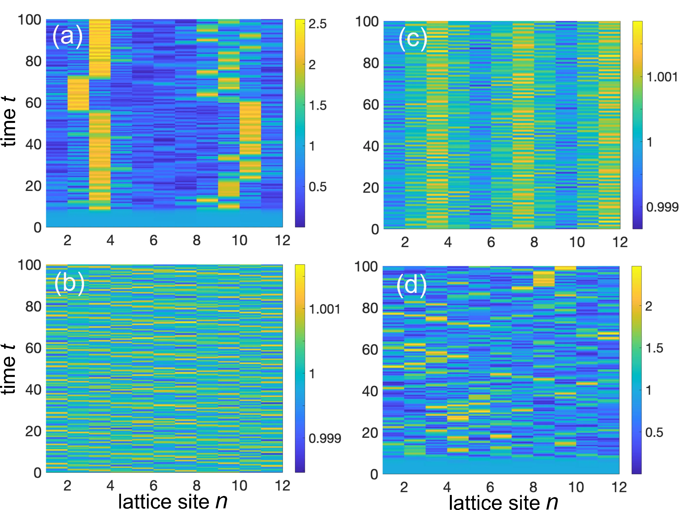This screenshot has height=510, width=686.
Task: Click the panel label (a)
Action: [x=67, y=37]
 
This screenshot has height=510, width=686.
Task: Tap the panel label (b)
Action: [x=69, y=283]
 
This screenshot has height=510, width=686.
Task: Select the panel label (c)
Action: [x=413, y=39]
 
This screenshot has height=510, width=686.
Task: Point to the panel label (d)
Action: [x=411, y=285]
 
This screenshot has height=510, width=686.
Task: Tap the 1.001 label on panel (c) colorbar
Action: [x=662, y=77]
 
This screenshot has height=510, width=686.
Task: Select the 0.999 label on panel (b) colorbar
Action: [x=325, y=438]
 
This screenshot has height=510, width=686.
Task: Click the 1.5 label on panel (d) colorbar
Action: [x=654, y=348]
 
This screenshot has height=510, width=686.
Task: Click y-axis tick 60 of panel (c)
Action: [x=370, y=105]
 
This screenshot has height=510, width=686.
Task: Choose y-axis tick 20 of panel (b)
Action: [x=33, y=431]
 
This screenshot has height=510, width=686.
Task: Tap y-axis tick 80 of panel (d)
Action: [x=370, y=308]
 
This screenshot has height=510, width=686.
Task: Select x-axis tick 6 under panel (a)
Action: [x=154, y=240]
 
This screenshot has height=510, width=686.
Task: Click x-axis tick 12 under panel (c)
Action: [x=620, y=242]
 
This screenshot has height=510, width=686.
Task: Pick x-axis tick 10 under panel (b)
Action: [x=239, y=486]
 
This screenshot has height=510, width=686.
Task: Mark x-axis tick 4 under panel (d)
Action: [x=447, y=487]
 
